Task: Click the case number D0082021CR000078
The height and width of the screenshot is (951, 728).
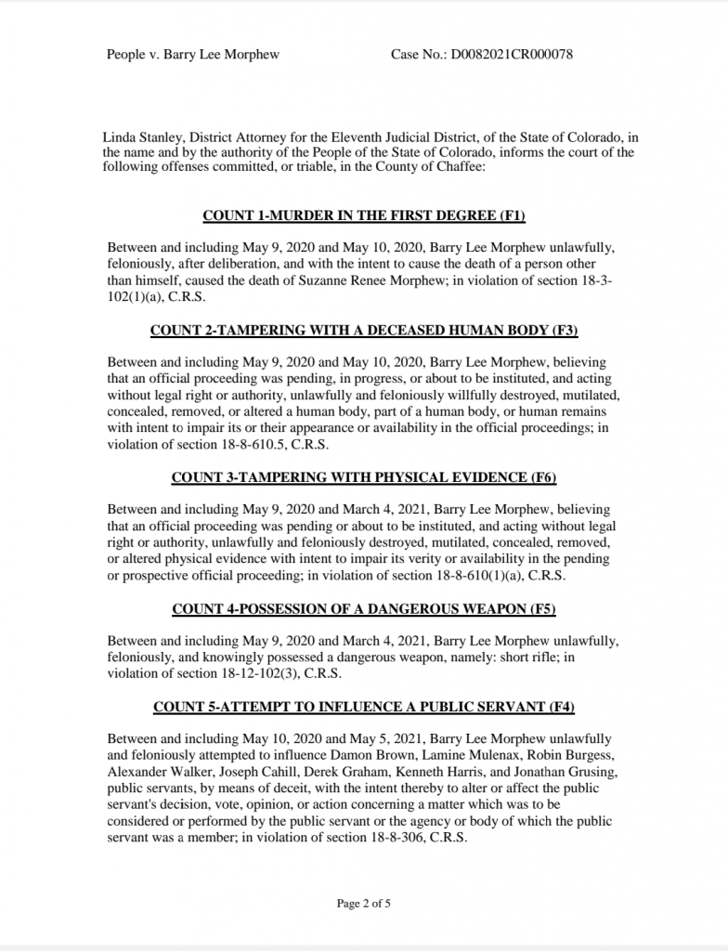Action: pos(512,54)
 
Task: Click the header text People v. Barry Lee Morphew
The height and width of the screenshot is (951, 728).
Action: pos(193,54)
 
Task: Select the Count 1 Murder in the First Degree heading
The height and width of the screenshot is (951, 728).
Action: pos(364,216)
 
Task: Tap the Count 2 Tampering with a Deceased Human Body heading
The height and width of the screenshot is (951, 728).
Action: pos(364,330)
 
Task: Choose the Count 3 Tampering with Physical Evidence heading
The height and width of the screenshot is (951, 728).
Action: pos(364,477)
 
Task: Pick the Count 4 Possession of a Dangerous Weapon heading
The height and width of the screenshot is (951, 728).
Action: pos(364,608)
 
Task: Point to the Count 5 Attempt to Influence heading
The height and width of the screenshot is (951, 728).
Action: pos(364,707)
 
